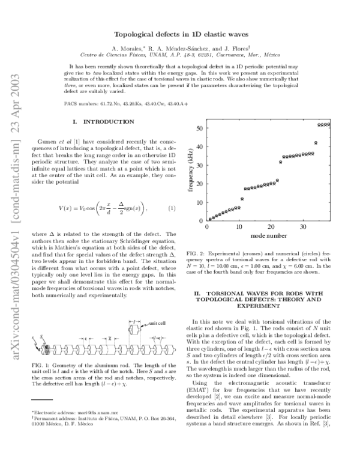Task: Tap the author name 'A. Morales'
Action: click(130, 48)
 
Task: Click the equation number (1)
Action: click(171, 208)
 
